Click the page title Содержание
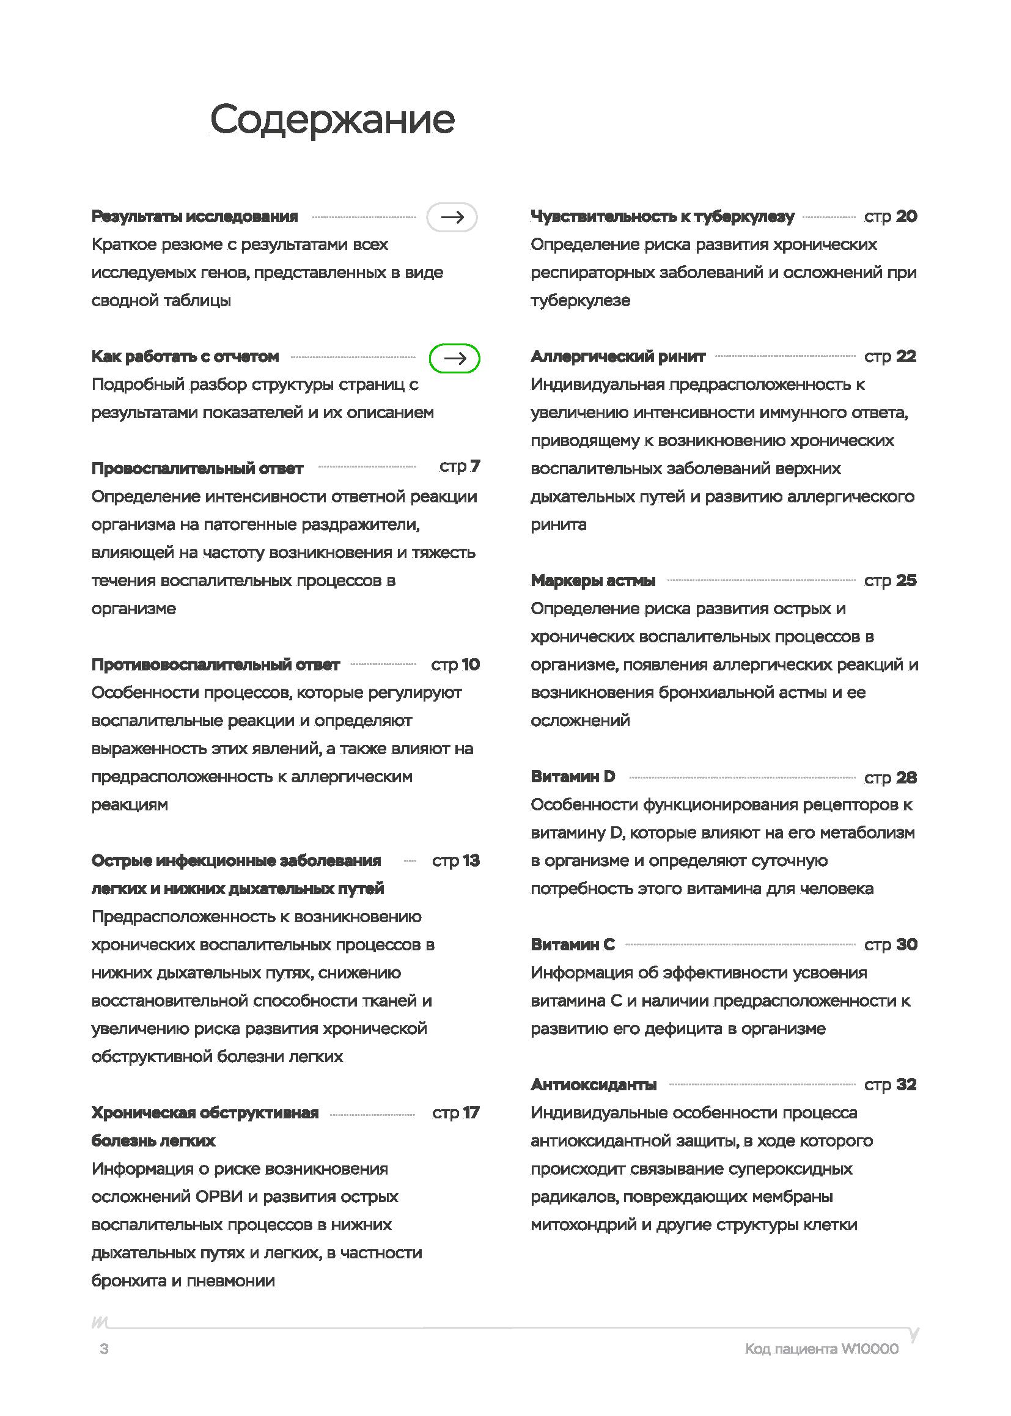[332, 120]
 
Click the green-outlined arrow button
[454, 359]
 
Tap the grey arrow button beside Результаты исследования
[452, 217]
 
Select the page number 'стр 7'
[460, 466]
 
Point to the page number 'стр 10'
[455, 665]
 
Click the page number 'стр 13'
[456, 861]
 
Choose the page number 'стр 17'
[456, 1113]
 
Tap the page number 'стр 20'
[890, 216]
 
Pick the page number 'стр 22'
[890, 357]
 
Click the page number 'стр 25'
[890, 581]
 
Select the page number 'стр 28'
[890, 777]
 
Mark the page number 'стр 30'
[890, 945]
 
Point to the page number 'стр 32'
[890, 1085]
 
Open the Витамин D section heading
[573, 777]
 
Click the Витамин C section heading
[573, 945]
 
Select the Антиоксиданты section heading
[594, 1085]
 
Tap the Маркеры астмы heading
[593, 581]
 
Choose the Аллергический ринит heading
[617, 357]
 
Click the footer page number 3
[104, 1349]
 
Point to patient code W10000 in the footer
[821, 1349]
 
